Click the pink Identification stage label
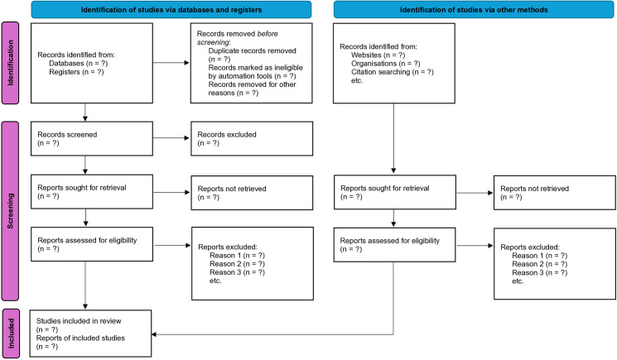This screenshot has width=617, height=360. point(10,63)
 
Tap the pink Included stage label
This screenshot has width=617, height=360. point(11,334)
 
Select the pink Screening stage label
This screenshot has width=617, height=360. point(10,211)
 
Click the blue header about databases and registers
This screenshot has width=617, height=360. point(171,10)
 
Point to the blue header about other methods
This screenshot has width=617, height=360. point(474,10)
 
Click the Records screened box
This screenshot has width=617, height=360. point(92,138)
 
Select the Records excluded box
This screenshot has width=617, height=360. point(252,138)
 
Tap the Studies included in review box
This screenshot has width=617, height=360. point(90,334)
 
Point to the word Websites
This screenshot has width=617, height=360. point(366,55)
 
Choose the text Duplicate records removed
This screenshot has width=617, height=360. point(253,50)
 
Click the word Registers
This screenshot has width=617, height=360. point(65,72)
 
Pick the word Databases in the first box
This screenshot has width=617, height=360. point(66,63)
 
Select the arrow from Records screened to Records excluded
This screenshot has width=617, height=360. point(171,138)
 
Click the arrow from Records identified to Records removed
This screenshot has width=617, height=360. point(171,63)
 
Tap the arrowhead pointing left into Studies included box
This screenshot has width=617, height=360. point(154,334)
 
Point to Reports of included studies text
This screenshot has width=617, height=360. point(80,338)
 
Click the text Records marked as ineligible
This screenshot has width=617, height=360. point(256,68)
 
